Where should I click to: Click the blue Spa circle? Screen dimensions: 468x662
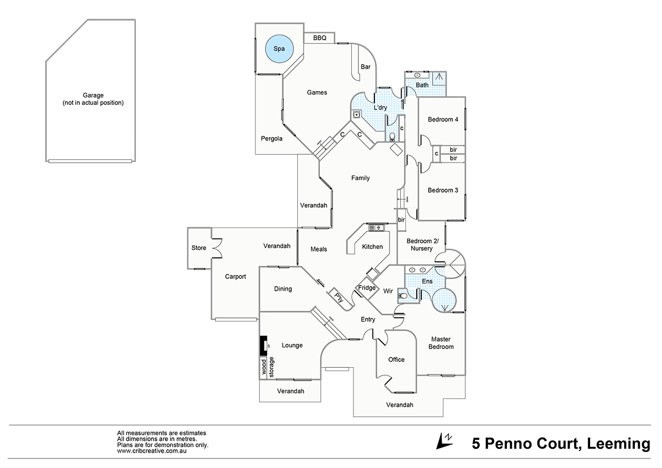tap(279, 49)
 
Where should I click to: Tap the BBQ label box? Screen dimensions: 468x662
tap(319, 38)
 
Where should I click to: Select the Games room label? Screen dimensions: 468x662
tap(317, 92)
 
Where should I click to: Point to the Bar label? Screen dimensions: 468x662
tap(365, 67)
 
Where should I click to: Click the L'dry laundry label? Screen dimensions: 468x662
tap(380, 108)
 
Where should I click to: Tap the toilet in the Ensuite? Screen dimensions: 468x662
tap(403, 294)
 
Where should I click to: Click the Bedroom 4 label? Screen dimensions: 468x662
tap(443, 120)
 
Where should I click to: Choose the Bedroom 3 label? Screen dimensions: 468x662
tap(443, 190)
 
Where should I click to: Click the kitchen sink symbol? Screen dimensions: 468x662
tap(377, 228)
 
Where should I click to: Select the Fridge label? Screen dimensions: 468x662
tap(367, 288)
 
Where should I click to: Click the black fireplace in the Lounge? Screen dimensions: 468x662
tap(263, 344)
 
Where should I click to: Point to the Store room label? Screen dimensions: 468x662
tap(199, 248)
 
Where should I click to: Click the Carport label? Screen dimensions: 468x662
tap(236, 276)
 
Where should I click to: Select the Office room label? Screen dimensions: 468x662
tap(396, 359)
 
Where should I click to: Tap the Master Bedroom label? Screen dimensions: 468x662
tap(441, 343)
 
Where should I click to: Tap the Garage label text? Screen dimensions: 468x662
tap(92, 99)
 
